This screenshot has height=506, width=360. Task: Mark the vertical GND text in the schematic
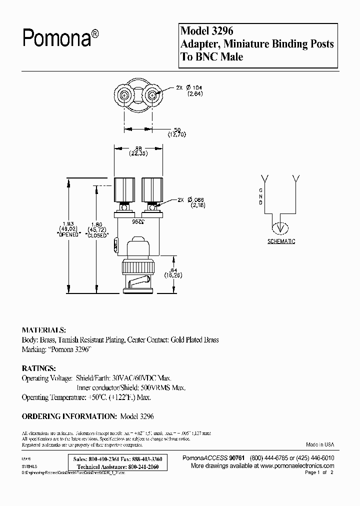pos(260,196)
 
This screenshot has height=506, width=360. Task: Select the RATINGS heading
pos(38,368)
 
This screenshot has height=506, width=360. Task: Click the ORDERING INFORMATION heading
pos(69,416)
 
